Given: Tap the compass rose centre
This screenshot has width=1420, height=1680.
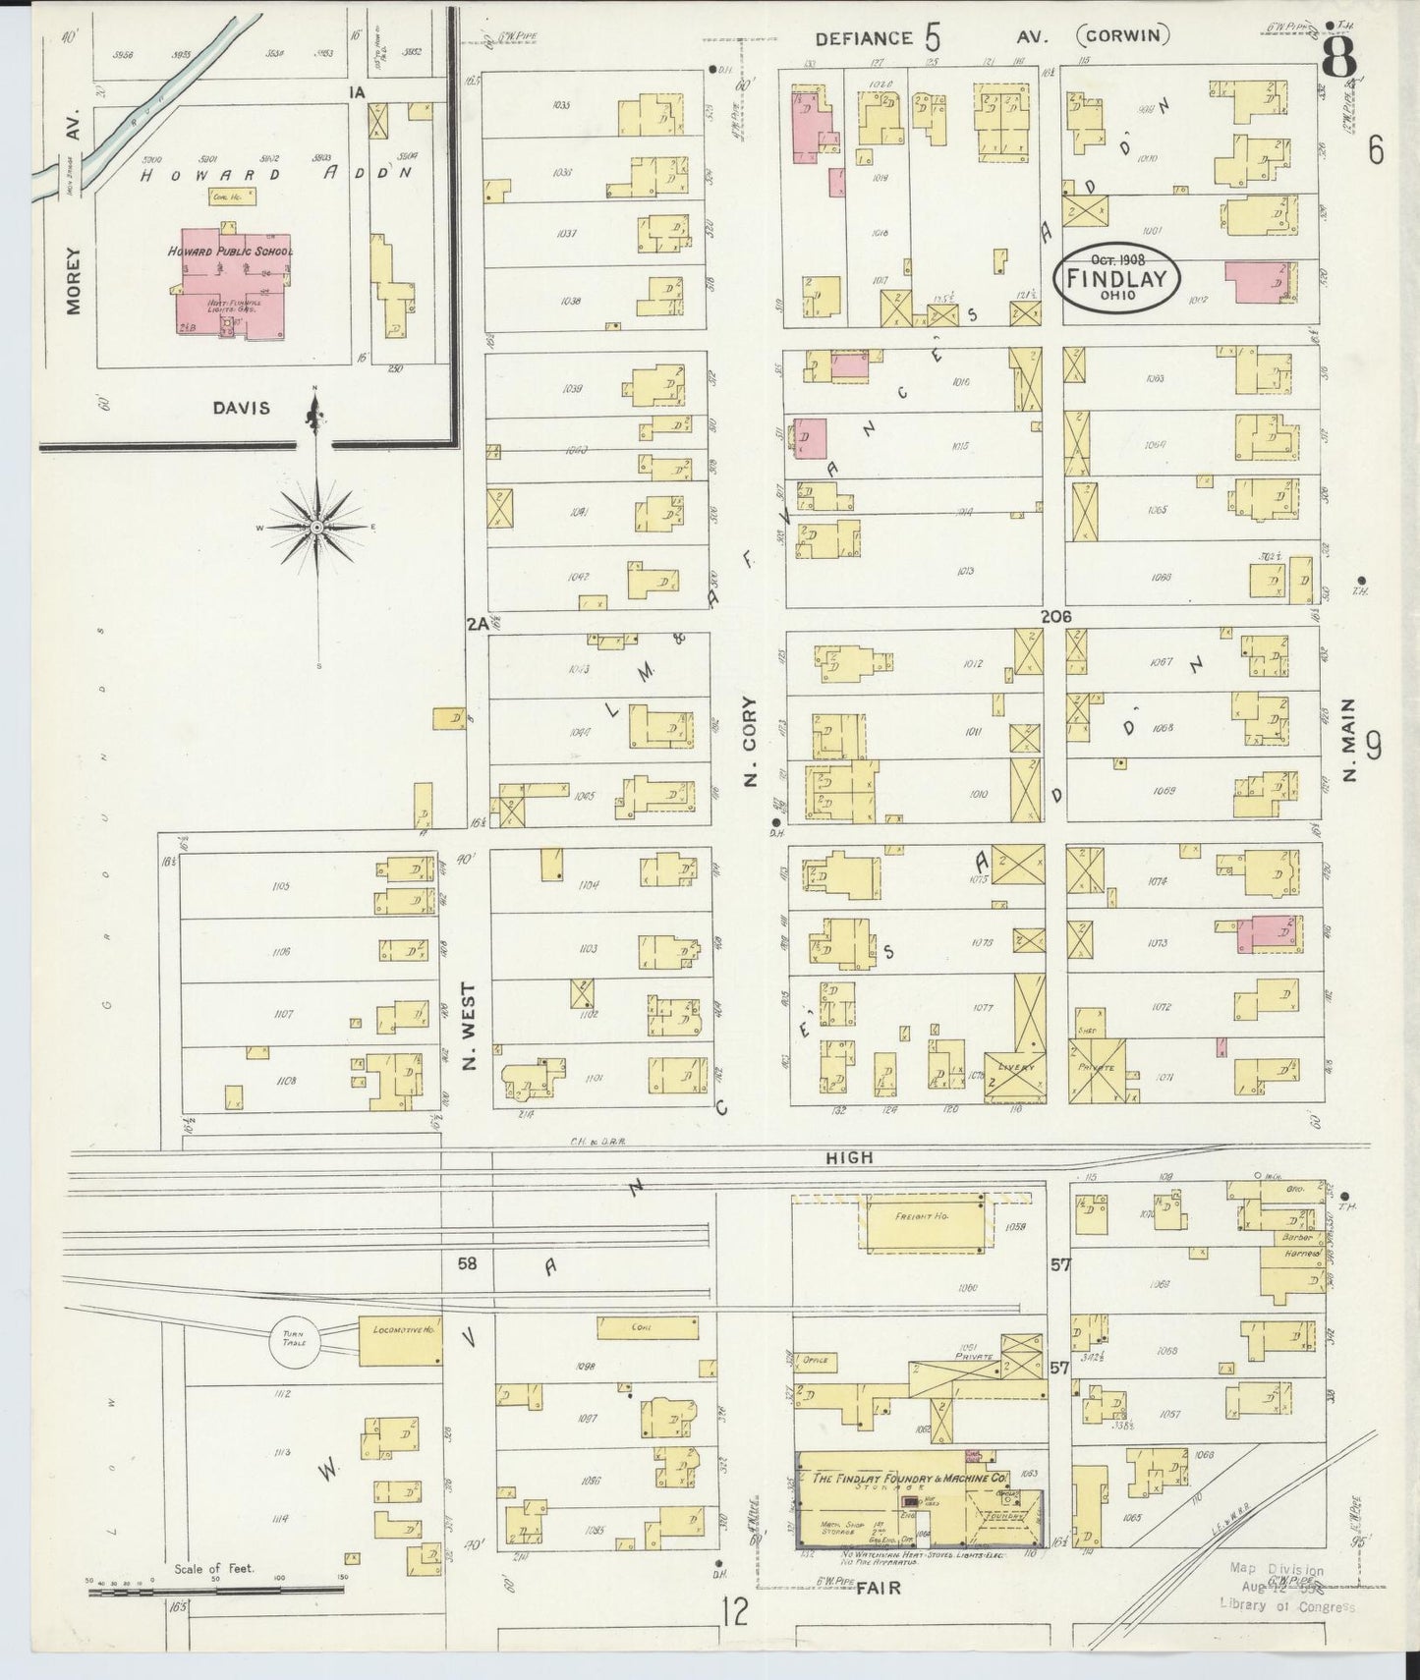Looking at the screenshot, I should [x=317, y=529].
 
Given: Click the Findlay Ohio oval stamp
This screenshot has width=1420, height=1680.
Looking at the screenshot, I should [x=1116, y=278].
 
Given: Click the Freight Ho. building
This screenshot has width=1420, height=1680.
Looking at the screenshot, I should [x=923, y=1223].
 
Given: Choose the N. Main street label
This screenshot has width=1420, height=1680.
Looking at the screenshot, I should [x=1350, y=740].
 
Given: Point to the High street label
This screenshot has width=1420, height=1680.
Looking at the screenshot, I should [x=849, y=1158].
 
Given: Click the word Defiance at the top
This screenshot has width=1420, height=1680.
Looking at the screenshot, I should [x=864, y=38].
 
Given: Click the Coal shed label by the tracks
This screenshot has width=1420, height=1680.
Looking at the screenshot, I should [x=643, y=1326].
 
